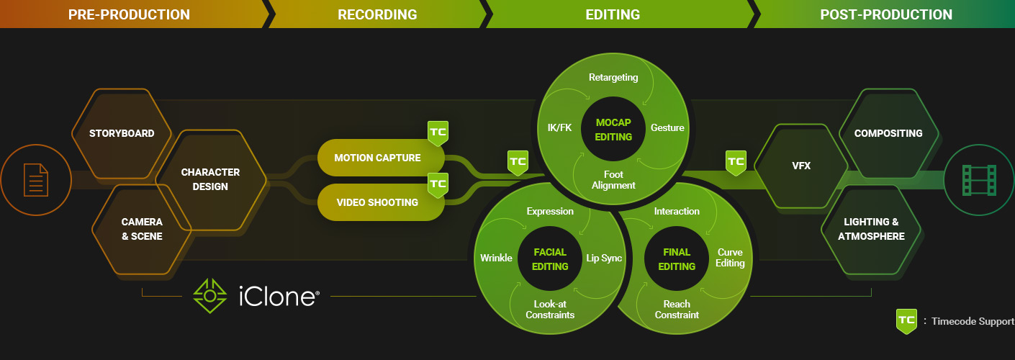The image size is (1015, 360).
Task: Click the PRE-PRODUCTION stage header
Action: [129, 14]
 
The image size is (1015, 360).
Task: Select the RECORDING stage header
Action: [377, 14]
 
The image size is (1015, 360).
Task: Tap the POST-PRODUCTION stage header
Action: [886, 14]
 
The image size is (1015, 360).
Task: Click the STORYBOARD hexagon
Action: [122, 133]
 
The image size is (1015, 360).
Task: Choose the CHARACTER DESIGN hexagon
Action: [211, 180]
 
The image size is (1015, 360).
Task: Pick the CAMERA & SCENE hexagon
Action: [141, 229]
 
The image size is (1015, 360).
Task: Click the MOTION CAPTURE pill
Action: [377, 158]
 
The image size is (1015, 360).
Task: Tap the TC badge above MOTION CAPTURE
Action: [438, 133]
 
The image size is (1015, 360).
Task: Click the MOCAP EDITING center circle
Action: [613, 130]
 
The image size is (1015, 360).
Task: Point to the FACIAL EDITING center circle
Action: [550, 259]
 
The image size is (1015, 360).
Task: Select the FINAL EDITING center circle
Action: [677, 259]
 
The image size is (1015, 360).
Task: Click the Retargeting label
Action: [613, 77]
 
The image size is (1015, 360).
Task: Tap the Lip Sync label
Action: [603, 258]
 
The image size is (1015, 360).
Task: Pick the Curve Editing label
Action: [730, 258]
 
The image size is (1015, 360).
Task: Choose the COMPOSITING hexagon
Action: [888, 133]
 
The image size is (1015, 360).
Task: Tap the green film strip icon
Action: [979, 179]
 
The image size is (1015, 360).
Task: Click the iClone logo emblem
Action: [209, 295]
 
